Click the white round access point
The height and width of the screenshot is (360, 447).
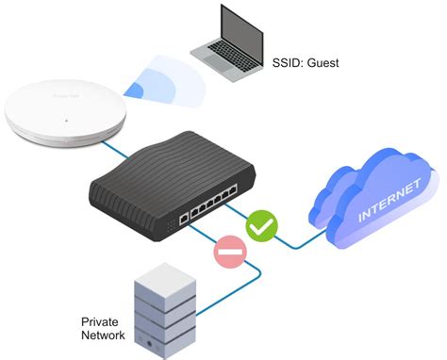click(x=60, y=118)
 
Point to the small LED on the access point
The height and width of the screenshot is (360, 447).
click(x=66, y=121)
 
